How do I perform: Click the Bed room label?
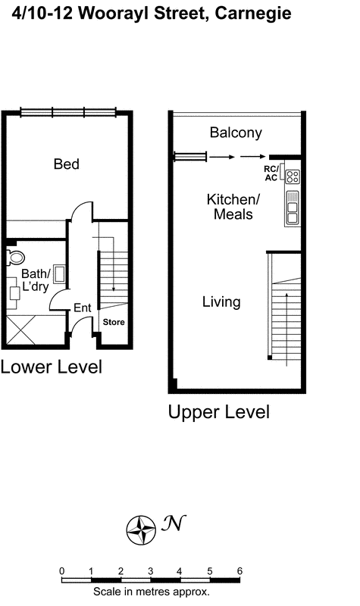[66, 164]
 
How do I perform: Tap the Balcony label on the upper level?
[236, 133]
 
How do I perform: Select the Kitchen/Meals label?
[233, 207]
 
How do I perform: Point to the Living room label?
[221, 302]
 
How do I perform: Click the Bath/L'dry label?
[36, 280]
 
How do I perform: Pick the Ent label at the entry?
[82, 308]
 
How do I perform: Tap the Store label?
[114, 322]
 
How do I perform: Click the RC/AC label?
[271, 173]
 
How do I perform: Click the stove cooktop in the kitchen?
[292, 177]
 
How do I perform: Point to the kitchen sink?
[292, 208]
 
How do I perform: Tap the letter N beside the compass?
[174, 523]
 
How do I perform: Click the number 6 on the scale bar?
[239, 571]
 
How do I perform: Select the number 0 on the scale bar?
[61, 571]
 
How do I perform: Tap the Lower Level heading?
[51, 367]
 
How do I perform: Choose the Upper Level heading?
[218, 413]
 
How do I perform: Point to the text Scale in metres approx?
[151, 592]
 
